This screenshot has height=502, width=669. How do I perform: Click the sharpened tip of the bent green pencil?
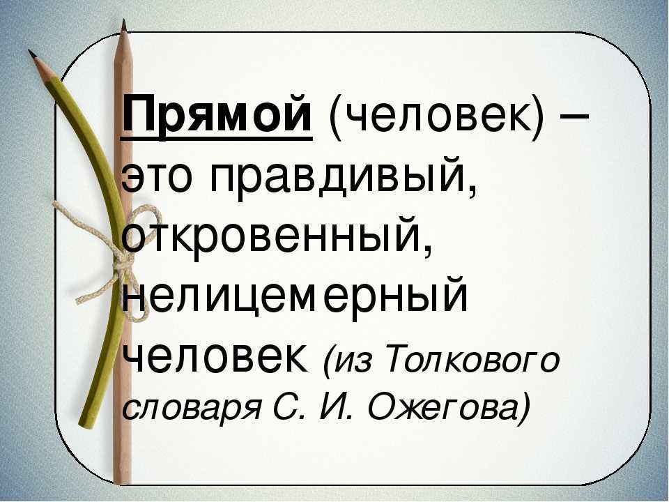coord(30,52)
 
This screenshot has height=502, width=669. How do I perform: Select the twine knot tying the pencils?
coord(121,259)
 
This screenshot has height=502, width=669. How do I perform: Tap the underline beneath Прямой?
coord(217,138)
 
